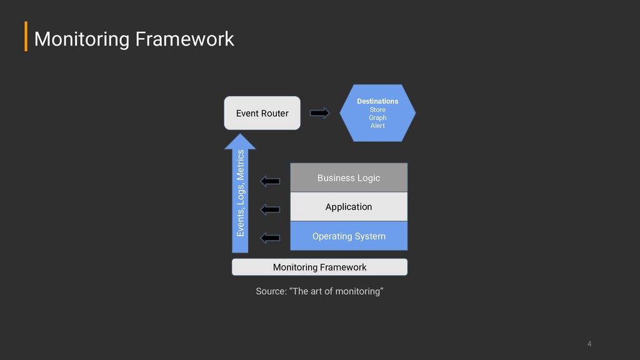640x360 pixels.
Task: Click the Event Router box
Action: click(262, 113)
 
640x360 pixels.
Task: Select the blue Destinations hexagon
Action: click(377, 113)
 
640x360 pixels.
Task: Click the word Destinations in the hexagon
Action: click(377, 101)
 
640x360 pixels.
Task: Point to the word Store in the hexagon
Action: click(377, 110)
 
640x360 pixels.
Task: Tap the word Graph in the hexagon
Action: click(377, 117)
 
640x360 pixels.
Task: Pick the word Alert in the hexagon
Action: click(377, 126)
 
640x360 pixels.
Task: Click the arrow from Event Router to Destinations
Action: click(319, 112)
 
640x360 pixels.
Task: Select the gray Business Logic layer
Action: click(349, 177)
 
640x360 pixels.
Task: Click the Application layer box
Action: click(349, 207)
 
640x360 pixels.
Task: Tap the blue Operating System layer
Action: click(349, 236)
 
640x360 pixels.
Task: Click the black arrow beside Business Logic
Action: click(270, 181)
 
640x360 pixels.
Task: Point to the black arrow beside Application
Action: click(270, 209)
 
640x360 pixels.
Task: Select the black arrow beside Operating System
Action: click(270, 238)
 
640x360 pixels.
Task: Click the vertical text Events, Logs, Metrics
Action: click(241, 193)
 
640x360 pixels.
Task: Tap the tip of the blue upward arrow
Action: click(240, 134)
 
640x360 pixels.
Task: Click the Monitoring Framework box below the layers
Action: click(319, 267)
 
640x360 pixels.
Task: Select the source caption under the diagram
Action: click(319, 291)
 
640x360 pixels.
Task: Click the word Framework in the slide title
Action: click(184, 39)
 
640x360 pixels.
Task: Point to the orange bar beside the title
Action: click(26, 36)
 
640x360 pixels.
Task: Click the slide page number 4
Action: click(589, 344)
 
